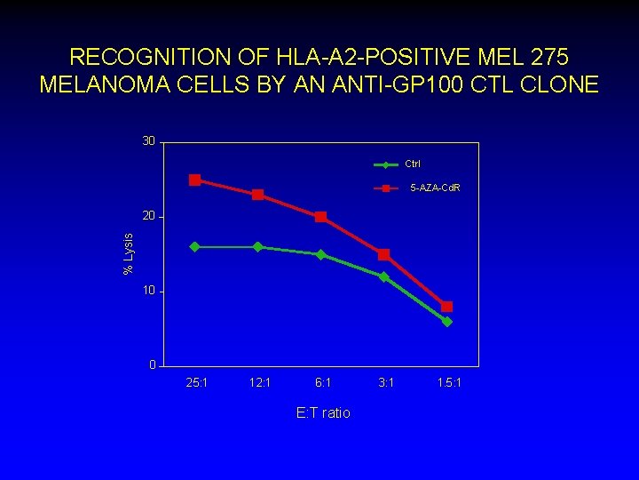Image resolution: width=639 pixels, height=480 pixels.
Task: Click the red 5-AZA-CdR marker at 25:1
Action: point(194,180)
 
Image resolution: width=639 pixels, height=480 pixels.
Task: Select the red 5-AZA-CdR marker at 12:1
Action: point(257,195)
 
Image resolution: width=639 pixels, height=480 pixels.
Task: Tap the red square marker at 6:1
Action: point(320,217)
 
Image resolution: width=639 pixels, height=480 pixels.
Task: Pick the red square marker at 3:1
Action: point(383,254)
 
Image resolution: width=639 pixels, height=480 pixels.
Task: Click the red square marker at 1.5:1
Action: point(446,307)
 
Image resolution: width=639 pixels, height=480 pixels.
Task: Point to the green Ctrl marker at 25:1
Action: point(194,246)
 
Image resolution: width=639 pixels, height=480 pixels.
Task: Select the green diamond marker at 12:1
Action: point(257,246)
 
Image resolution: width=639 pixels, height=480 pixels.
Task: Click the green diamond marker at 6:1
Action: point(320,254)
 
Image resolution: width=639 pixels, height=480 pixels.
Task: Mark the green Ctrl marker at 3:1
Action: point(383,276)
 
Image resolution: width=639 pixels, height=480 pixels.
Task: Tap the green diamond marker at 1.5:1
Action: point(446,322)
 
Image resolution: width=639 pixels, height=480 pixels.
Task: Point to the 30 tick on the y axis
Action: point(148,141)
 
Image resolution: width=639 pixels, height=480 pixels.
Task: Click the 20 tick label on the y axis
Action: point(148,216)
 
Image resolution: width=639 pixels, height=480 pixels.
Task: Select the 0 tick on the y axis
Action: point(152,365)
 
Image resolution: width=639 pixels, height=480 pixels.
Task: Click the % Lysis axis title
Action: point(129,253)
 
